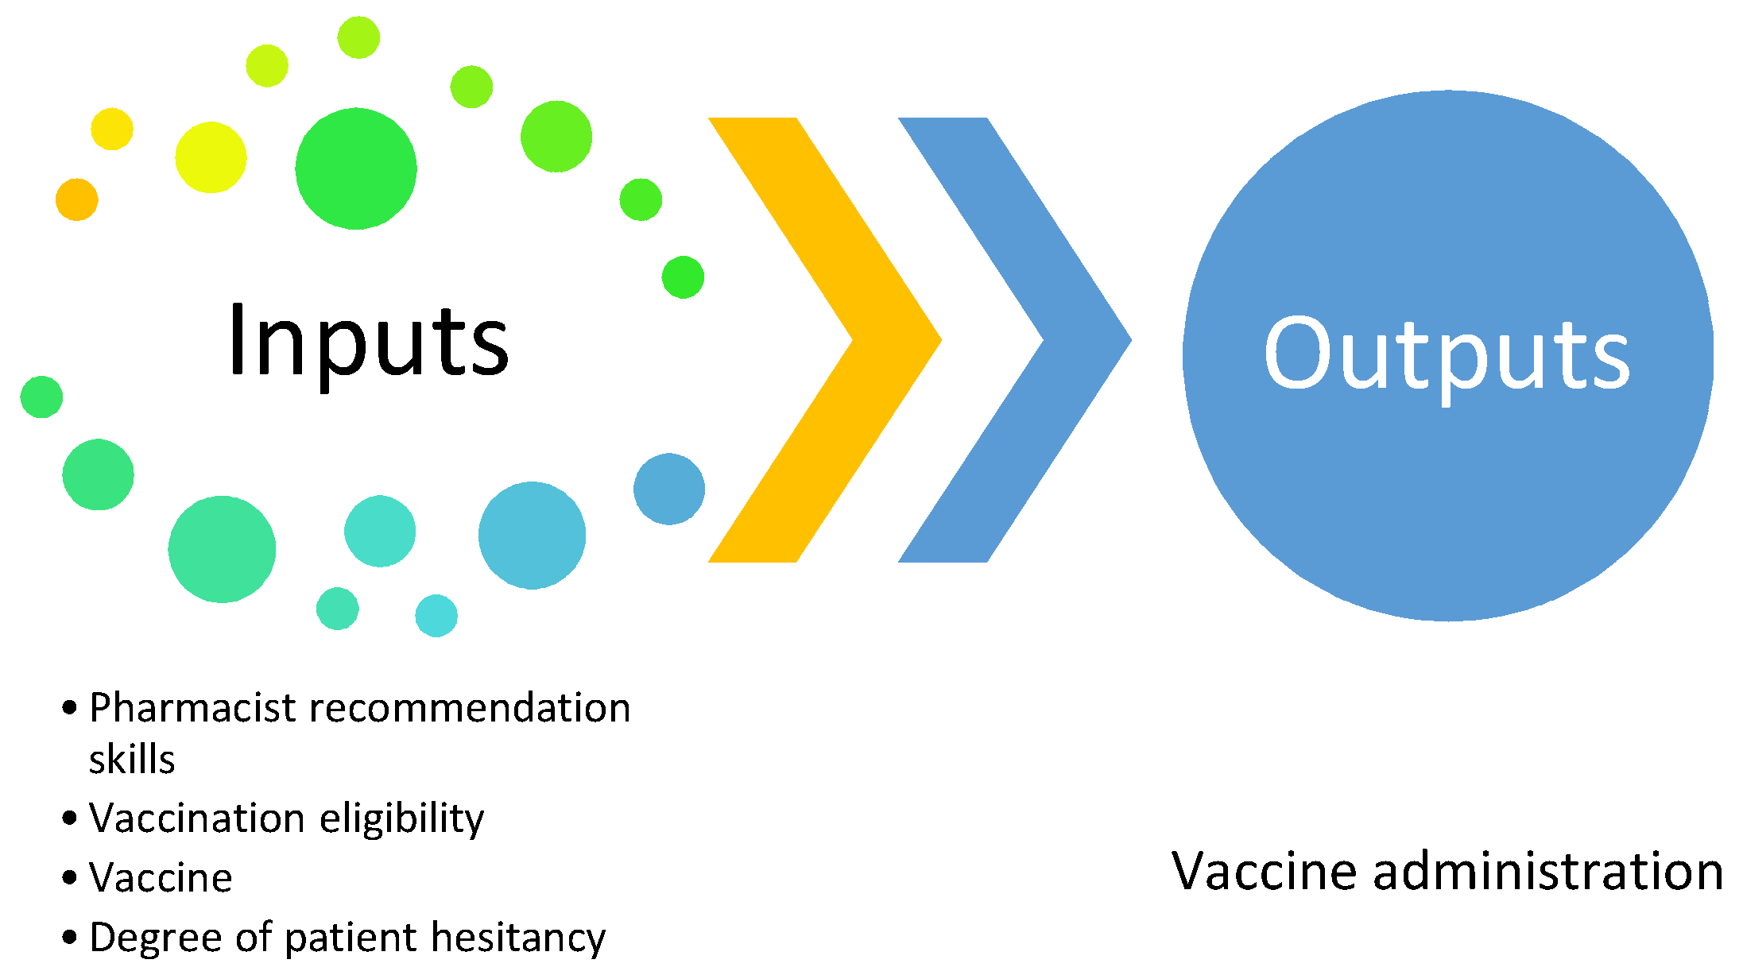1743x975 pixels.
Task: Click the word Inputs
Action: (x=368, y=342)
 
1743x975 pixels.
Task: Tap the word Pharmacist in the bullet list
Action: (x=193, y=707)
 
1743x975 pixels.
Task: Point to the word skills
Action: (x=132, y=759)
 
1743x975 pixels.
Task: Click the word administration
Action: (x=1548, y=871)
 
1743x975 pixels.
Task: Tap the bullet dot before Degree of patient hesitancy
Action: (x=70, y=938)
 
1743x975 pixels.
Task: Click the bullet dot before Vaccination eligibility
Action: (x=70, y=818)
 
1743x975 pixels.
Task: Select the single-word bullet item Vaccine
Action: (x=161, y=878)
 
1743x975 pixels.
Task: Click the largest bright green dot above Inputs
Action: (x=356, y=168)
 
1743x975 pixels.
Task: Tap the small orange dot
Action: (x=77, y=199)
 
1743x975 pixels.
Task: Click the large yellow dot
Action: (x=211, y=157)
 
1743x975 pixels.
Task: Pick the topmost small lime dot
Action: (x=358, y=37)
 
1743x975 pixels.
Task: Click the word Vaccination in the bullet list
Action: (x=197, y=818)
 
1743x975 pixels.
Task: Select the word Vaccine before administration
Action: (x=1265, y=871)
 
